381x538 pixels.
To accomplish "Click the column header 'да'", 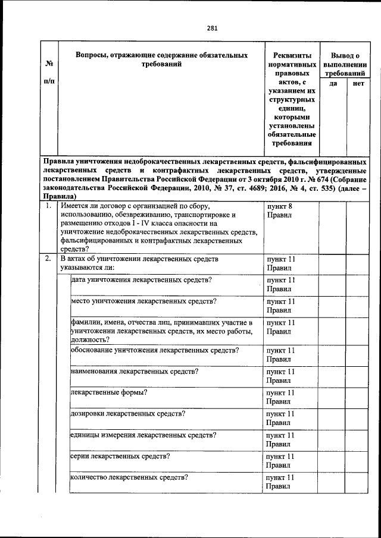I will pyautogui.click(x=333, y=84).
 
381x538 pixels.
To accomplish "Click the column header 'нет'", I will pyautogui.click(x=358, y=84).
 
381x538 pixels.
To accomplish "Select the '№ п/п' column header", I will pyautogui.click(x=49, y=71).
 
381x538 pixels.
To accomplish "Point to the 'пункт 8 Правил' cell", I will pyautogui.click(x=279, y=210).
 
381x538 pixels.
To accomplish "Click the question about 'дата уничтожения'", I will pyautogui.click(x=142, y=279).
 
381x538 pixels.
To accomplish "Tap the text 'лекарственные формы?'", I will pyautogui.click(x=109, y=392).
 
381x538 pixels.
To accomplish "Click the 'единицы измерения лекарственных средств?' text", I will pyautogui.click(x=142, y=435).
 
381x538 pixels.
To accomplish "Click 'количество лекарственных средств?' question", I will pyautogui.click(x=129, y=477).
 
